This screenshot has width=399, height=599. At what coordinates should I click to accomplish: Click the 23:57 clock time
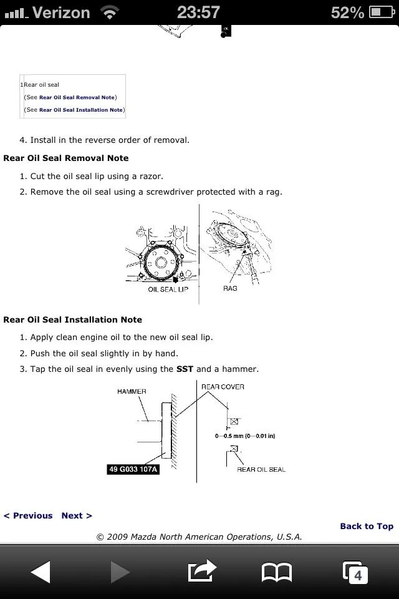coord(198,12)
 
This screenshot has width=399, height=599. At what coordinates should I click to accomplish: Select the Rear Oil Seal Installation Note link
coord(81,110)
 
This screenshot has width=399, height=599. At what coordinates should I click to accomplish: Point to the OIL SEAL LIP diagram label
coord(168,290)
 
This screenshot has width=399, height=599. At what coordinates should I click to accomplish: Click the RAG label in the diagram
coord(230,289)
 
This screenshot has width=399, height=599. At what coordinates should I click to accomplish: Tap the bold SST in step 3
coord(185,369)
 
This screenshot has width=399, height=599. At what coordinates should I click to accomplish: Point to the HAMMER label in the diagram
coord(132,392)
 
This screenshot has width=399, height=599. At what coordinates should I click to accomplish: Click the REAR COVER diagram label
coord(223,387)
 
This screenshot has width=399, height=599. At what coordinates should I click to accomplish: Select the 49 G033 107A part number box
coord(133,469)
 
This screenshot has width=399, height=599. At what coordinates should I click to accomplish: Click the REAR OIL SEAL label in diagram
coord(261,469)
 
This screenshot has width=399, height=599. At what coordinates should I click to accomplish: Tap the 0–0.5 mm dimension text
coord(245,436)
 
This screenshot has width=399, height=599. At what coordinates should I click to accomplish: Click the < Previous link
coord(28,515)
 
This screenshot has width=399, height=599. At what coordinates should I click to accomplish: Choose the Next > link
coord(77,515)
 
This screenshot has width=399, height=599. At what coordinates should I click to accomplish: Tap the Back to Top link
coord(367,526)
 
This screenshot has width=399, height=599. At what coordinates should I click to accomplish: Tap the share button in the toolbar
coord(202,571)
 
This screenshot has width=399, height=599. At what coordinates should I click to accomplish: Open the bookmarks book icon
coord(277,572)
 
